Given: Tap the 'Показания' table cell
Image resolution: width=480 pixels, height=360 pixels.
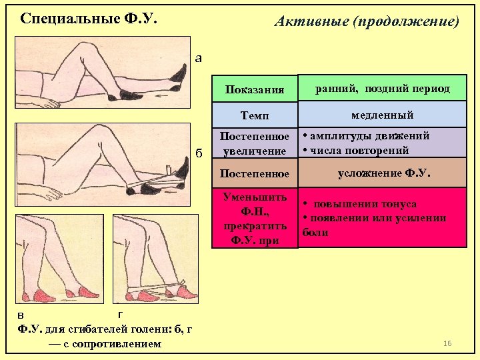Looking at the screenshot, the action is [x=254, y=89].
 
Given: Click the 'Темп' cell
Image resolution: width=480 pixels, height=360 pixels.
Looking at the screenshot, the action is [x=255, y=116].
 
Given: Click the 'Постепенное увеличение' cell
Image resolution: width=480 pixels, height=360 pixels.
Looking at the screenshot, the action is [x=254, y=143].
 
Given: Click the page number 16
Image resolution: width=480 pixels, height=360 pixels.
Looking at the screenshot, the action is [x=447, y=343].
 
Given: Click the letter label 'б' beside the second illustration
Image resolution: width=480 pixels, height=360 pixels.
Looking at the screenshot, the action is [x=199, y=153].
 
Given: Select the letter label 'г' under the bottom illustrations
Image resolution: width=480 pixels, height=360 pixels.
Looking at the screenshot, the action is [x=119, y=313].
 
